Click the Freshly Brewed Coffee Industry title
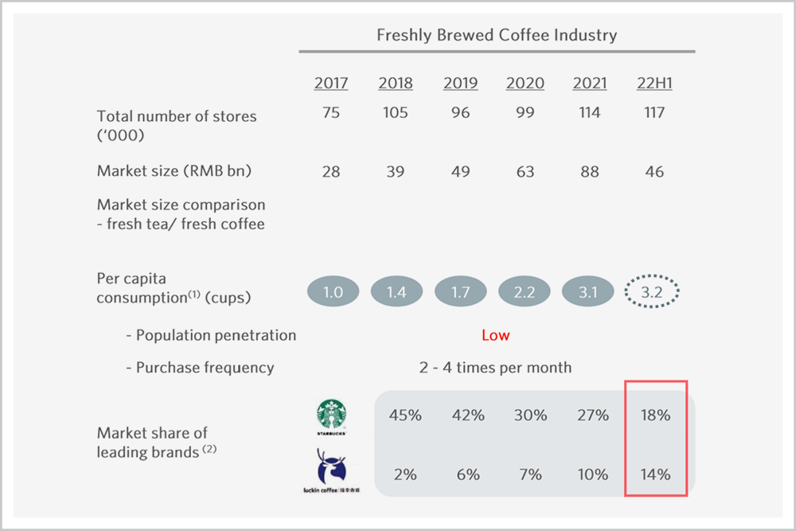497,35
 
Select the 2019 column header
460,83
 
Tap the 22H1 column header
654,83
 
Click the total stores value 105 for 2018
396,112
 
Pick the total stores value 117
654,112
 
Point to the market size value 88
590,172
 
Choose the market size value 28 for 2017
331,172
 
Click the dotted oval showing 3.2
652,291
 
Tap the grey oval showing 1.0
333,291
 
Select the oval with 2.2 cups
525,291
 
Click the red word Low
495,335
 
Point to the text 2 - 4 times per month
495,367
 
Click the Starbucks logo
331,417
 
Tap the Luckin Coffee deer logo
331,470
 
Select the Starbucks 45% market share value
405,416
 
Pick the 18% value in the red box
655,416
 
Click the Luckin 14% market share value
655,474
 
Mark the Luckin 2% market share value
405,474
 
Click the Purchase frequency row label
200,368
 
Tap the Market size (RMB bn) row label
174,171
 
